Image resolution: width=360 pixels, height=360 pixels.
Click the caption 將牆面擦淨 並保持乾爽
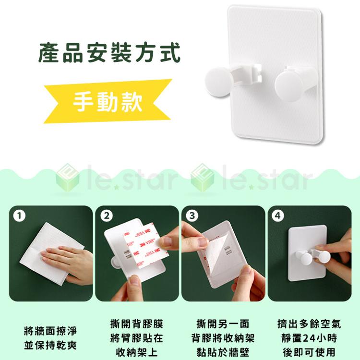[50, 338]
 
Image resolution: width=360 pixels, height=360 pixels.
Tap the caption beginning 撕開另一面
[222, 338]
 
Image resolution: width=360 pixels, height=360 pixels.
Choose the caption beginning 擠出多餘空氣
[309, 338]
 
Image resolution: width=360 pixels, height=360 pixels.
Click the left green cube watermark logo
[67, 178]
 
